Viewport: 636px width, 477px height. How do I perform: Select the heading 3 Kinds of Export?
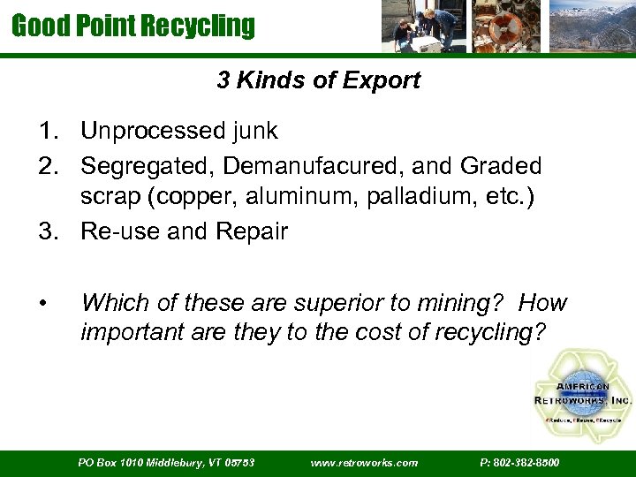[318, 80]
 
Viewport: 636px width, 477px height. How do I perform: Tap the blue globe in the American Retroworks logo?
[583, 393]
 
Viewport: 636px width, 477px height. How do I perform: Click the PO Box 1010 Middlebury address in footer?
[166, 462]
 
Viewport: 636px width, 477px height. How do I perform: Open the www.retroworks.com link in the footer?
[365, 462]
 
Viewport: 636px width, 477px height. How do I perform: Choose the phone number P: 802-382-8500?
[519, 462]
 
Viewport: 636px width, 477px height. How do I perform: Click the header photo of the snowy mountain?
[591, 26]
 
